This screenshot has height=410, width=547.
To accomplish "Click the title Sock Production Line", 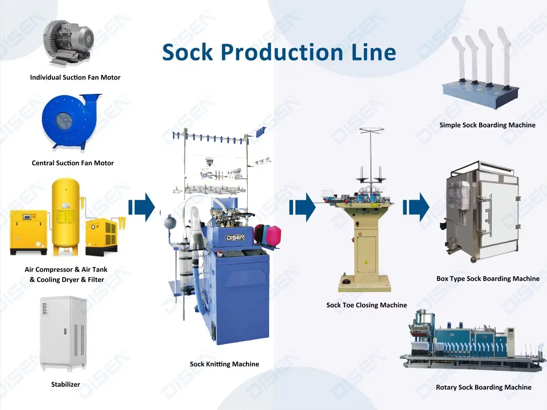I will tap(279, 52).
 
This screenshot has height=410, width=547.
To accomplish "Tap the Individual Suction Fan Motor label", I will tap(75, 77).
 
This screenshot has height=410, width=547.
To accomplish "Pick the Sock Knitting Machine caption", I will tap(224, 364).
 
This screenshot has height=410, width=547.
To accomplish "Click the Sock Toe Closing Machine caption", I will tap(366, 305).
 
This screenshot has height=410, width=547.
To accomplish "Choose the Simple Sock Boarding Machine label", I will tap(487, 125).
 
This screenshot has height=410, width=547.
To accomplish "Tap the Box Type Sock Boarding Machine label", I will tap(488, 279).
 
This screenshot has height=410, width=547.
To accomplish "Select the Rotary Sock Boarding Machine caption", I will tap(483, 387).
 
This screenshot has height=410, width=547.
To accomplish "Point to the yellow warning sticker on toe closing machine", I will tap(366, 262).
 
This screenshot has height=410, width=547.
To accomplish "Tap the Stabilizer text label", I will tap(65, 384).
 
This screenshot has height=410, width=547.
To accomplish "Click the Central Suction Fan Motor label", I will tap(72, 163).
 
